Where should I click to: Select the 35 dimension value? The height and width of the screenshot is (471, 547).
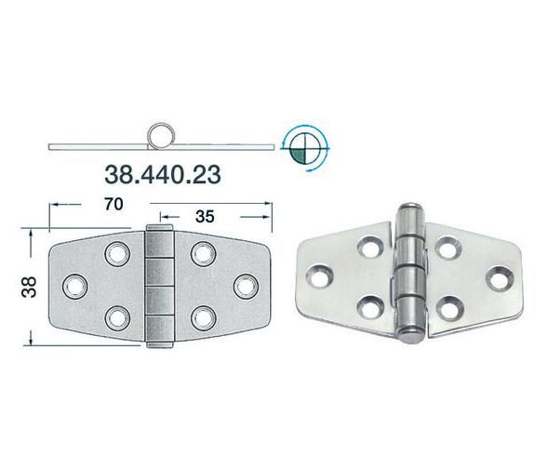[205, 216]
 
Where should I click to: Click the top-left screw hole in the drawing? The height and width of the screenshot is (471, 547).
[118, 251]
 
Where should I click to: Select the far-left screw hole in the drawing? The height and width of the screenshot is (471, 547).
[73, 284]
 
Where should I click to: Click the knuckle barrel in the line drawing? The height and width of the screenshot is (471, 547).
[159, 284]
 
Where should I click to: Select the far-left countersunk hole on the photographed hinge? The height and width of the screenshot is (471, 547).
[322, 276]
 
